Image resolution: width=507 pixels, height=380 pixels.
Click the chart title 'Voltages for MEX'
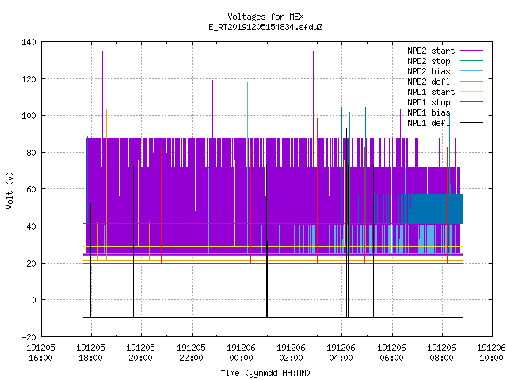265,17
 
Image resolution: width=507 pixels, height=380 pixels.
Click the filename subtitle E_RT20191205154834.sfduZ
265,27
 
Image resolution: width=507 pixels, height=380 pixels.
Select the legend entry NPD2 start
431,51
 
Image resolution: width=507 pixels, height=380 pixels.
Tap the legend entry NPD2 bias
429,71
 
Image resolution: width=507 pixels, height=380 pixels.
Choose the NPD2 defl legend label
429,82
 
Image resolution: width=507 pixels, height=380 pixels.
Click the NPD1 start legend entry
431,92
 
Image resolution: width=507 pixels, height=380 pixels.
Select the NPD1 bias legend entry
429,112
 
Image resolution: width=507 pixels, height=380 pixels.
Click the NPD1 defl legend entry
429,123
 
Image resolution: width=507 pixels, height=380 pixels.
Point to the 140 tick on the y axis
29,42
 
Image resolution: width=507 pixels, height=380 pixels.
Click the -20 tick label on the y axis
29,337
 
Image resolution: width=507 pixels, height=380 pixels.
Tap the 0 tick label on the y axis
33,300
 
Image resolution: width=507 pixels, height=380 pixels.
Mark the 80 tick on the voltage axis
31,153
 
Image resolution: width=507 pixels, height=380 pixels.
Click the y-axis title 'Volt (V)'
10,190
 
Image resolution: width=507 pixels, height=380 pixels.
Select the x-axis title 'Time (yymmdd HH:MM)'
265,373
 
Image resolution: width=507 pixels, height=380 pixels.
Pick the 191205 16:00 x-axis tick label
40,352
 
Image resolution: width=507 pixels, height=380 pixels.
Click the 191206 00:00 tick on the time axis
241,352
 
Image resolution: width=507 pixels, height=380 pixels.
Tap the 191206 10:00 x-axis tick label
491,352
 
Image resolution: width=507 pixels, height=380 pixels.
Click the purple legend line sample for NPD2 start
471,51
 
